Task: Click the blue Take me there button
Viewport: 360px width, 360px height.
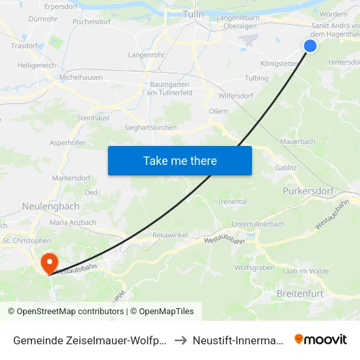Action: (180, 160)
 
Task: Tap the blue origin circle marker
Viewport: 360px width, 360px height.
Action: (310, 45)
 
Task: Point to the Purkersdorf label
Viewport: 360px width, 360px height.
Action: (308, 190)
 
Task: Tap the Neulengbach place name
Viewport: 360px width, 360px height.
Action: (50, 206)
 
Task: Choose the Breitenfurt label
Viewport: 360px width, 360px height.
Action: (300, 294)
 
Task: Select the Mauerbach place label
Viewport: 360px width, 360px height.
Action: (297, 141)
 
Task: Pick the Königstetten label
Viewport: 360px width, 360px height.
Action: (279, 63)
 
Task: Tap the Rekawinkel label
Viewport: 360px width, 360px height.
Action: (170, 234)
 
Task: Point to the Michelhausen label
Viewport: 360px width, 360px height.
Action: (81, 77)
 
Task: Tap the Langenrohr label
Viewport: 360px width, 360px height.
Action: (146, 55)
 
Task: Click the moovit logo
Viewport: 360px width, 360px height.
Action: (321, 339)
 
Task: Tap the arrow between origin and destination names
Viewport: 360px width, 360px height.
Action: (181, 340)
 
